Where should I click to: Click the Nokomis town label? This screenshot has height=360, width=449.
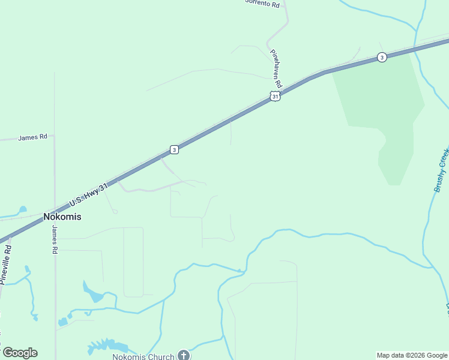coord(62,217)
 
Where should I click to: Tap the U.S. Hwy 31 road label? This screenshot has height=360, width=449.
coord(88,195)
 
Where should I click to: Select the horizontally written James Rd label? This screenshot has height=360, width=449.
coord(32,137)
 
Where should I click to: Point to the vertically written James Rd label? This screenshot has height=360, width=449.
coord(54,239)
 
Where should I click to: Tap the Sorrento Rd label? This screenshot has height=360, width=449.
coord(263,4)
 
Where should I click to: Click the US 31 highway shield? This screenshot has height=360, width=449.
coord(275,97)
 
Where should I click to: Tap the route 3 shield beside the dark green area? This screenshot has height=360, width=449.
coord(382,57)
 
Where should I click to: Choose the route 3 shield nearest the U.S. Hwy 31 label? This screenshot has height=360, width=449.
coord(174,149)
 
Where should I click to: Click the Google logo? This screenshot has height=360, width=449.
coord(20,353)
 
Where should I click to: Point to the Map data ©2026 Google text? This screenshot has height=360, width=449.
coord(411,355)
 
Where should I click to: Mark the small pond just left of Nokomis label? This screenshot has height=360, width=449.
coord(22,210)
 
